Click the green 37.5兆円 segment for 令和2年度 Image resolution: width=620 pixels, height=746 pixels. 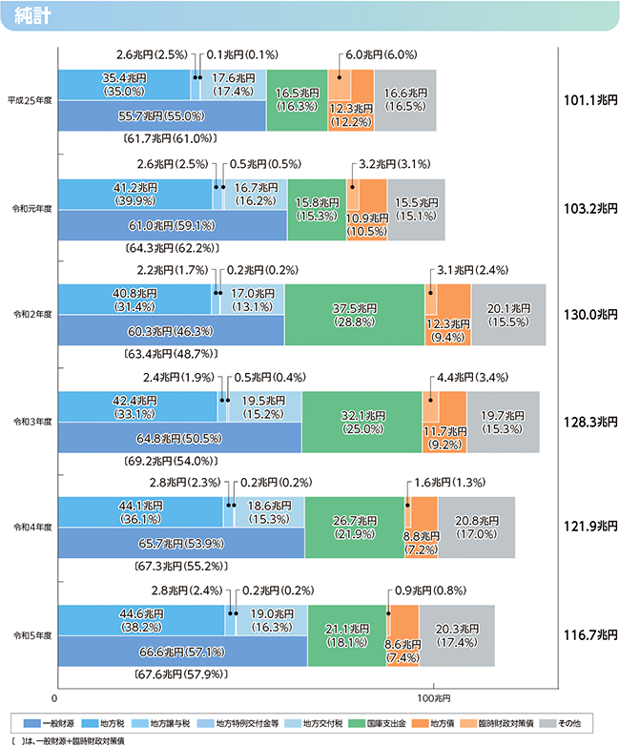tap(354, 314)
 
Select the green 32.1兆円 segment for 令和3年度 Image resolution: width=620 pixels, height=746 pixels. tap(362, 421)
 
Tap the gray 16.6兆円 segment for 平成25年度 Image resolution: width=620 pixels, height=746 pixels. tap(405, 100)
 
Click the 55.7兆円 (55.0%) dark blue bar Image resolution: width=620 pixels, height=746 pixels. tap(161, 115)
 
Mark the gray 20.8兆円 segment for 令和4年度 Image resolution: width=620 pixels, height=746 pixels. tap(476, 528)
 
